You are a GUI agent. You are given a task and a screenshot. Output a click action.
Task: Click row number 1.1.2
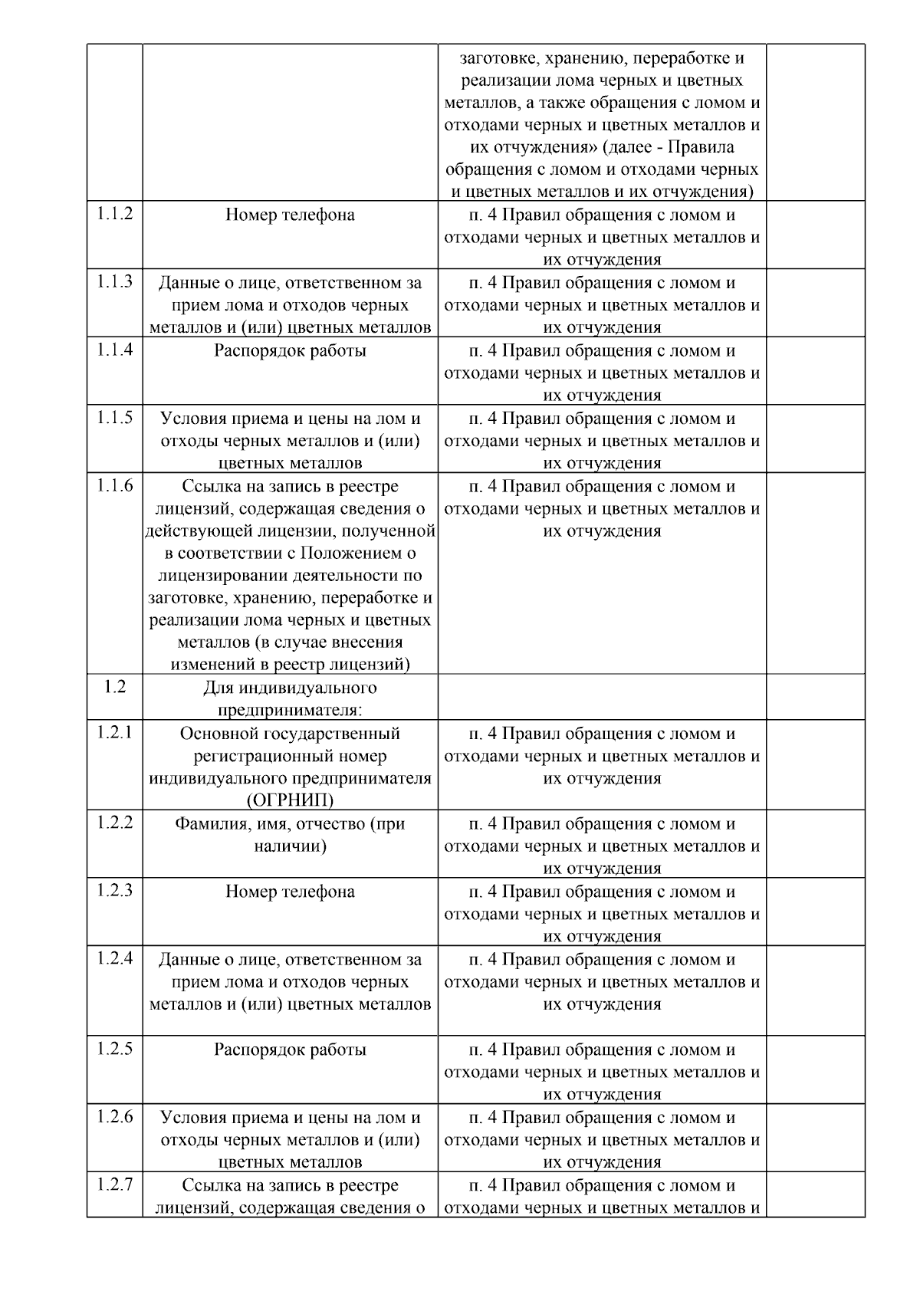[x=114, y=214]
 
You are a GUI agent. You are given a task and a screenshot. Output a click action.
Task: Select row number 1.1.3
[x=114, y=282]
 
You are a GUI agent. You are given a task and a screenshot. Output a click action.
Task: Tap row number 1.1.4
[x=114, y=350]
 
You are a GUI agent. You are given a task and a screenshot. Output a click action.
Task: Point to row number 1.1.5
[x=114, y=418]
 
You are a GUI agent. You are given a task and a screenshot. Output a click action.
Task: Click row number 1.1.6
[x=114, y=485]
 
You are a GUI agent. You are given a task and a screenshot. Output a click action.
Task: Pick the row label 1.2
[x=114, y=687]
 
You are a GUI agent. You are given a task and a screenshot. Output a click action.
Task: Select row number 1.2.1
[x=114, y=733]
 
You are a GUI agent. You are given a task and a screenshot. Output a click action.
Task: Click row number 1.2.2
[x=114, y=823]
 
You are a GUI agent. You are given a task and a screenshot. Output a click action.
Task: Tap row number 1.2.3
[x=114, y=891]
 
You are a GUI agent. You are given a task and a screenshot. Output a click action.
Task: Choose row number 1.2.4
[x=114, y=958]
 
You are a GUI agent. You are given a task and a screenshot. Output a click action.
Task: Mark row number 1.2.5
[x=114, y=1049]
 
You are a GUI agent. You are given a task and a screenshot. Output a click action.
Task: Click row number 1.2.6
[x=114, y=1117]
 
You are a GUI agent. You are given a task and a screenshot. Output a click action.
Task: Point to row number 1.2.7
[x=114, y=1184]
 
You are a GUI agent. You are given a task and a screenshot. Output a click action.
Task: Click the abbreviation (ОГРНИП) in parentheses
[x=290, y=801]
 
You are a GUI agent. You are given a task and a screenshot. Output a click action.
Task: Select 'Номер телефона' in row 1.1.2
[x=290, y=215]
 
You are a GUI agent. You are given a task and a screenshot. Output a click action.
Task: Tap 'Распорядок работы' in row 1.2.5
[x=290, y=1050]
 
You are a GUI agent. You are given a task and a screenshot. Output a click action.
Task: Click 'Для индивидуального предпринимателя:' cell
[x=290, y=698]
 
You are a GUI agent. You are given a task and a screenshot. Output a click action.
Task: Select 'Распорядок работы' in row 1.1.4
[x=290, y=351]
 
